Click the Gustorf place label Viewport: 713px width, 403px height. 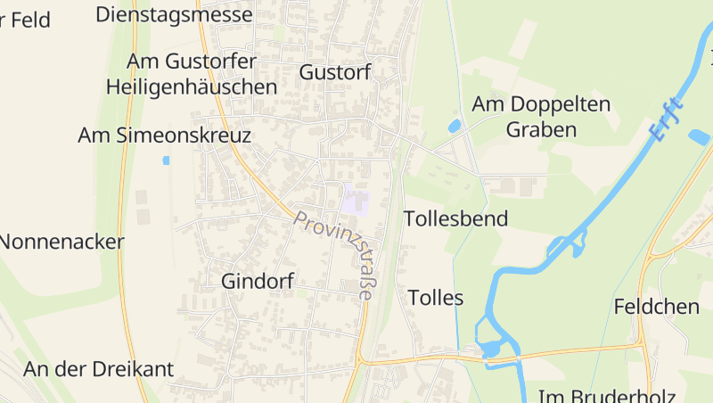coord(335,72)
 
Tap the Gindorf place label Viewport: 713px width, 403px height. coord(257,281)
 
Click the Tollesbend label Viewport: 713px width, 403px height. coord(455,218)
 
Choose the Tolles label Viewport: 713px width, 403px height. coord(435,298)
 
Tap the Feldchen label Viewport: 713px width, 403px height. coord(656,307)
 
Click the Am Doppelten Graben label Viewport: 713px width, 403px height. coord(541,117)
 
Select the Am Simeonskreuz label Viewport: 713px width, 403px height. coord(165,136)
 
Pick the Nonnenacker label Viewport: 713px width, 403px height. coord(61,242)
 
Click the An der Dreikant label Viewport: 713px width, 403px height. coord(98,369)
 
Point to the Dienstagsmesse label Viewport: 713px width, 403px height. coord(174,14)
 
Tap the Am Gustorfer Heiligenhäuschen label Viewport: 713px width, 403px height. coord(192,74)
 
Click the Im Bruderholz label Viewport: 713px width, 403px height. coord(606,396)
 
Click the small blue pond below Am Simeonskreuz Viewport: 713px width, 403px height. coord(166,160)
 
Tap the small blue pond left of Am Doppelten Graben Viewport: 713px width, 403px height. coord(455,126)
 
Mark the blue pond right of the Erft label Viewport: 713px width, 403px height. coord(699,137)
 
